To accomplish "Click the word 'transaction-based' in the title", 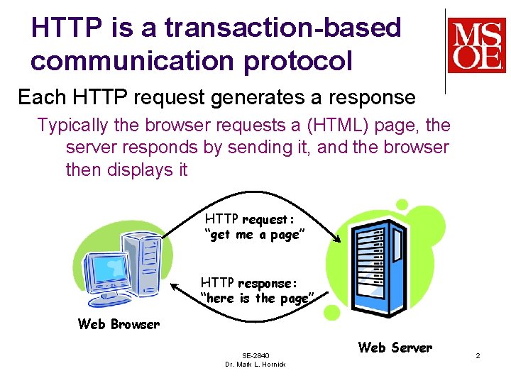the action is (282, 28).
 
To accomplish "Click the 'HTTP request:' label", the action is (249, 219).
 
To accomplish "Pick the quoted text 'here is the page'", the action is (256, 299).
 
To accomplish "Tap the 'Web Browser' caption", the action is (119, 324).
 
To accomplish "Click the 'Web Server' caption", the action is (395, 348).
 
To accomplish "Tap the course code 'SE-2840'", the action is (255, 355).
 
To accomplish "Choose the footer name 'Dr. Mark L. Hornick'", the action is (255, 365).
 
